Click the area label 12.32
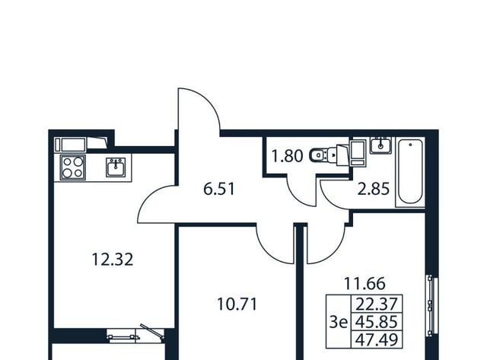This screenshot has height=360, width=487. pos(113,260)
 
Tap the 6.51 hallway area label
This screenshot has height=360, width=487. pos(219,189)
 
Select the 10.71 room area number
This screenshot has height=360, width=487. pos(237,304)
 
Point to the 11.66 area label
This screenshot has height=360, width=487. pos(364,283)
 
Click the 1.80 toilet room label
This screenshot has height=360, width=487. pos(287,156)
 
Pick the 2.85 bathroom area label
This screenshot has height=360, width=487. pos(374,189)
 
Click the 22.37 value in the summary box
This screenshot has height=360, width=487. pos(377,304)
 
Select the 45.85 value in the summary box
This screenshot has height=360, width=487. pos(377,322)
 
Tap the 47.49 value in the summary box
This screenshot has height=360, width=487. pos(377,339)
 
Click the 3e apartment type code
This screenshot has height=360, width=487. pos(338,323)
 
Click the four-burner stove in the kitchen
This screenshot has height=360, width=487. pos(73,167)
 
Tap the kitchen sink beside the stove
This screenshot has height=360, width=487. pos(116,167)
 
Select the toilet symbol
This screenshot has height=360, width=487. pos(323,155)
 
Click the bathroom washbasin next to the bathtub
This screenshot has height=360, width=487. pos(380,145)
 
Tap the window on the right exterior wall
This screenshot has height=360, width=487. pos(431,305)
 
